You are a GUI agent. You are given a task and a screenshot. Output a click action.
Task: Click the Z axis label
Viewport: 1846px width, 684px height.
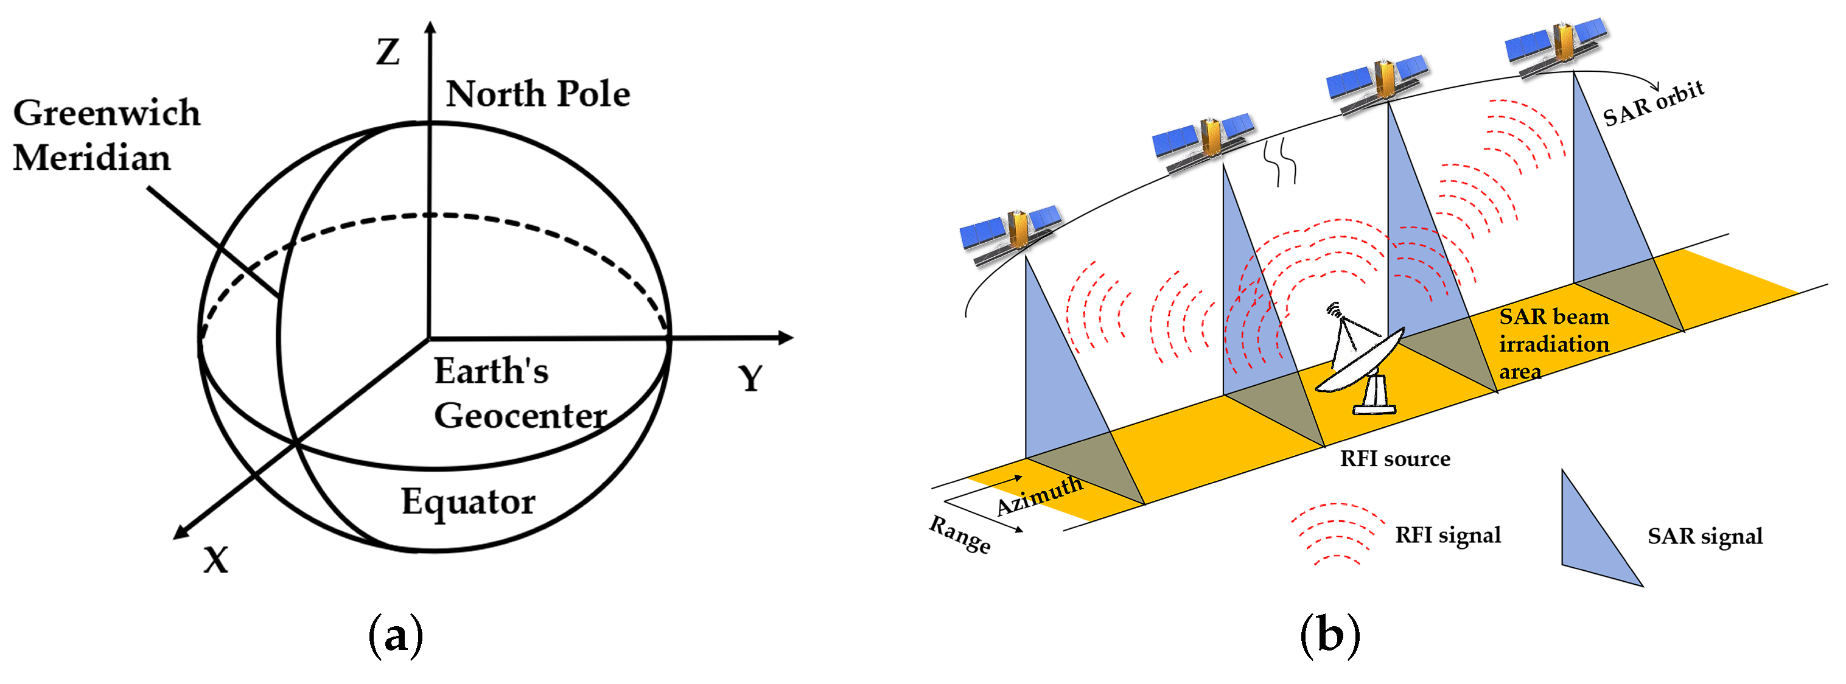click(388, 52)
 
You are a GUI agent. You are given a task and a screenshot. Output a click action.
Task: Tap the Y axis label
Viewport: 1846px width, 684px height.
click(750, 378)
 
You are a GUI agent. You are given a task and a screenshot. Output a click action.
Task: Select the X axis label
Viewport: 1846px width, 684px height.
click(215, 560)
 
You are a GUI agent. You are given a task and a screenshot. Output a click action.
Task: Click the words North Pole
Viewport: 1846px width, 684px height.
click(537, 94)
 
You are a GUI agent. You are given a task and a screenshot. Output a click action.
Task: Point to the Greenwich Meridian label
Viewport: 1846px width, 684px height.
click(106, 134)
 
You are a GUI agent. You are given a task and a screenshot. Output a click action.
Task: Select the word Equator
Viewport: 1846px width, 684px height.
click(467, 501)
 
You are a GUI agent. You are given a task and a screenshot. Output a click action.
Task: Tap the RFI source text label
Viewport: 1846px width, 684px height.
click(1394, 458)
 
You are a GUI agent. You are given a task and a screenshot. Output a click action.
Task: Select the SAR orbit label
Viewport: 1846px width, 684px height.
click(1652, 104)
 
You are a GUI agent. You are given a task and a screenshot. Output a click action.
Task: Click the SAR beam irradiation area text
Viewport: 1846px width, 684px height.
click(1553, 344)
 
